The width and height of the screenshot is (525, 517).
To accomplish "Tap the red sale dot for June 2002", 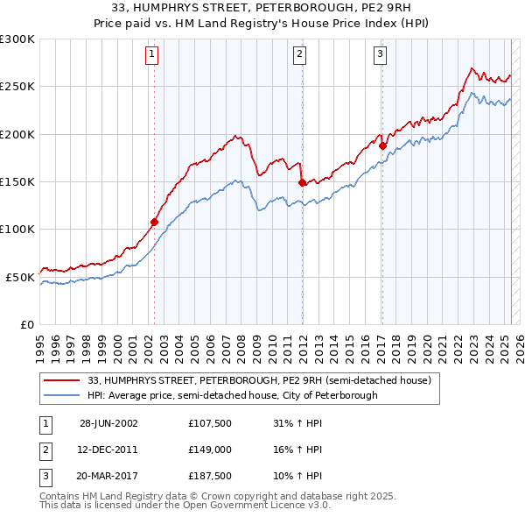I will [x=155, y=222].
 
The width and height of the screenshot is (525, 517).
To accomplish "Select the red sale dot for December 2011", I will [x=302, y=182].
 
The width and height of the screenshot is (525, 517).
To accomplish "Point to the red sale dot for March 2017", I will [x=382, y=145].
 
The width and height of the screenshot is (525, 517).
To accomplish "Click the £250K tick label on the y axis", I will [x=17, y=87].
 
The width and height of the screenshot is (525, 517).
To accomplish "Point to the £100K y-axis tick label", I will [x=17, y=229].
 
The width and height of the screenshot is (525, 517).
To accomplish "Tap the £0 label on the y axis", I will [x=26, y=324].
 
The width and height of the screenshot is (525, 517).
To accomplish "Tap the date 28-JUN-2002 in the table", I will [x=108, y=422].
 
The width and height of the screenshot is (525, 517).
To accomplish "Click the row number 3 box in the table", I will [x=44, y=477].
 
